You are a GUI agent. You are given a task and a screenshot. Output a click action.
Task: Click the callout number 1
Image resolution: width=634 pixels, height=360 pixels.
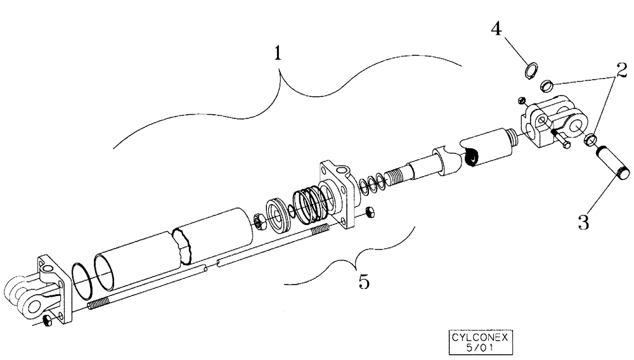point(277,55)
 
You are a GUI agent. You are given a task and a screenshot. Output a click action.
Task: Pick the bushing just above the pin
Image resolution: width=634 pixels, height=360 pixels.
point(592,138)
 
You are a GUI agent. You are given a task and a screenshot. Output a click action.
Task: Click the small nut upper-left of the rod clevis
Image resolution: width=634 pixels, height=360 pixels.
point(520,100)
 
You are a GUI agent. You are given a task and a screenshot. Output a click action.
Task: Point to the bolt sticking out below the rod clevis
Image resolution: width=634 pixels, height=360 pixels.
point(559,140)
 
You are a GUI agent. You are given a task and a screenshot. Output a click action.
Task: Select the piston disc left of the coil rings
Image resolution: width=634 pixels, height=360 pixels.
point(277,213)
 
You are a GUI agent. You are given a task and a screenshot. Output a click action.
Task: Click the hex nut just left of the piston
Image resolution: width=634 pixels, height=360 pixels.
point(259,221)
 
